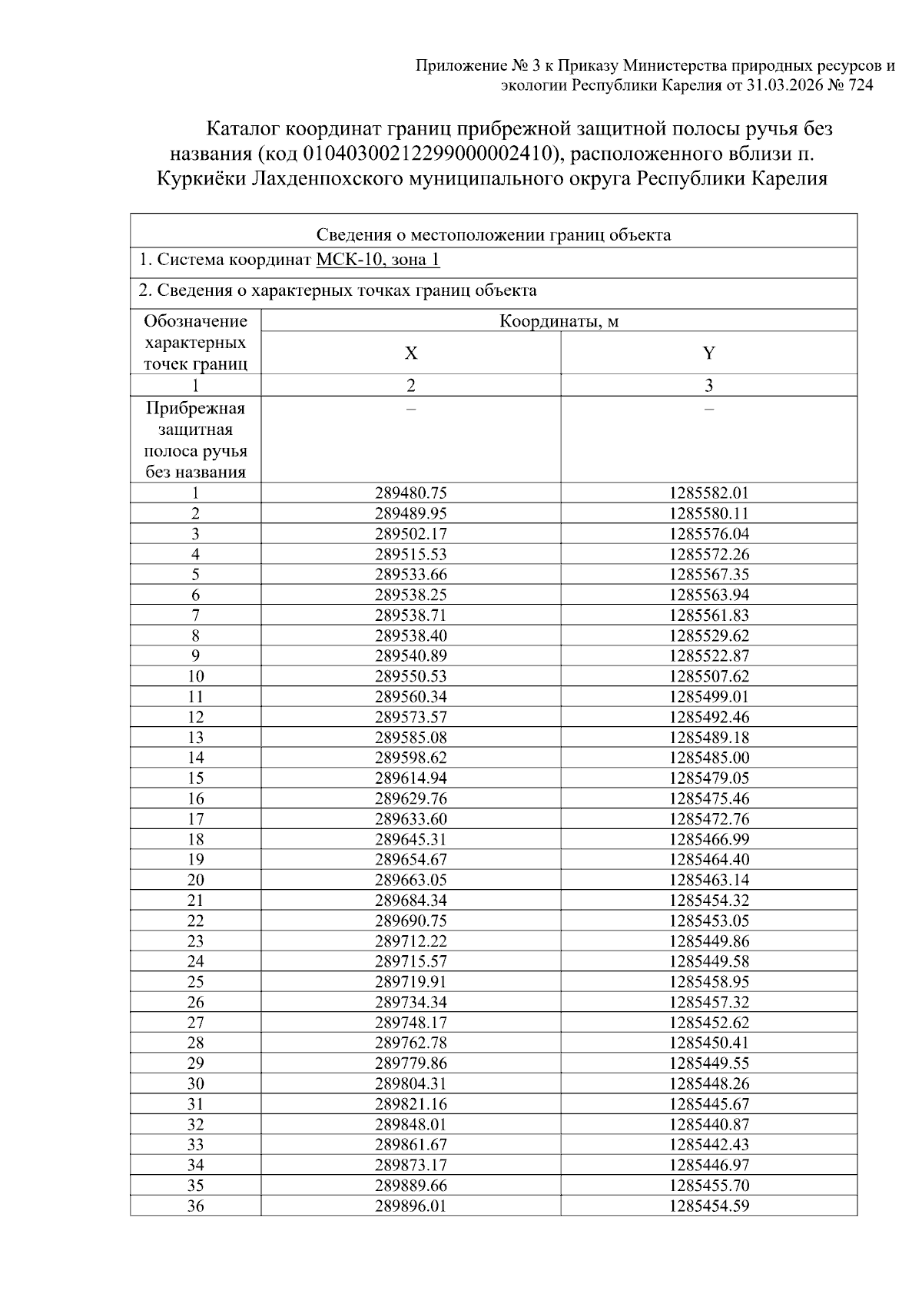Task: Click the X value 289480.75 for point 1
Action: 410,493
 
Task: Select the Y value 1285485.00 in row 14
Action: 708,758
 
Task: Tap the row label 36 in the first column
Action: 195,1206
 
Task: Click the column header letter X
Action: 411,353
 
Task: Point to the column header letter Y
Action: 708,353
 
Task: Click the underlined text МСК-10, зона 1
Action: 378,260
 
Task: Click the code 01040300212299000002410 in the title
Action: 430,154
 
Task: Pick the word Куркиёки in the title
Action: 201,179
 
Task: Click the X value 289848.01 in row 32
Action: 410,1124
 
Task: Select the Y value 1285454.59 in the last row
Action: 708,1206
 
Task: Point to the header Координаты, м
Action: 559,321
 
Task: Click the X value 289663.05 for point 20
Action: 410,880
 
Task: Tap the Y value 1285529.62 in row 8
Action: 708,635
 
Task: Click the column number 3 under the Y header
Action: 708,386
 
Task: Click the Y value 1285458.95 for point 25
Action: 708,981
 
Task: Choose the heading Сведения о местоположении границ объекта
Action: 493,235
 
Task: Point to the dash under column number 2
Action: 411,409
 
